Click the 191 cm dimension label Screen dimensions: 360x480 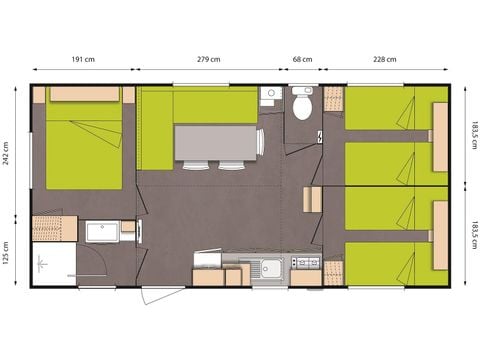coord(82,59)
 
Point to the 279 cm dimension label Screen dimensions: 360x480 coord(209,59)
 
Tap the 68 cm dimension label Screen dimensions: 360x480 coord(302,59)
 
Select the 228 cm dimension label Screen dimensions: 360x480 coord(383,59)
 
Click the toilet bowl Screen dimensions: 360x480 coord(303,106)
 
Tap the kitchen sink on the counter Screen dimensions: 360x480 coord(267,265)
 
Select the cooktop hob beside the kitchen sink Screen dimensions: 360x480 coord(304,264)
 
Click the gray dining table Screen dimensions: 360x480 coord(218,141)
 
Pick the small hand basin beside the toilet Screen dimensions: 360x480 coord(268,96)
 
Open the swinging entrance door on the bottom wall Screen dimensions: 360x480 coord(162,297)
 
